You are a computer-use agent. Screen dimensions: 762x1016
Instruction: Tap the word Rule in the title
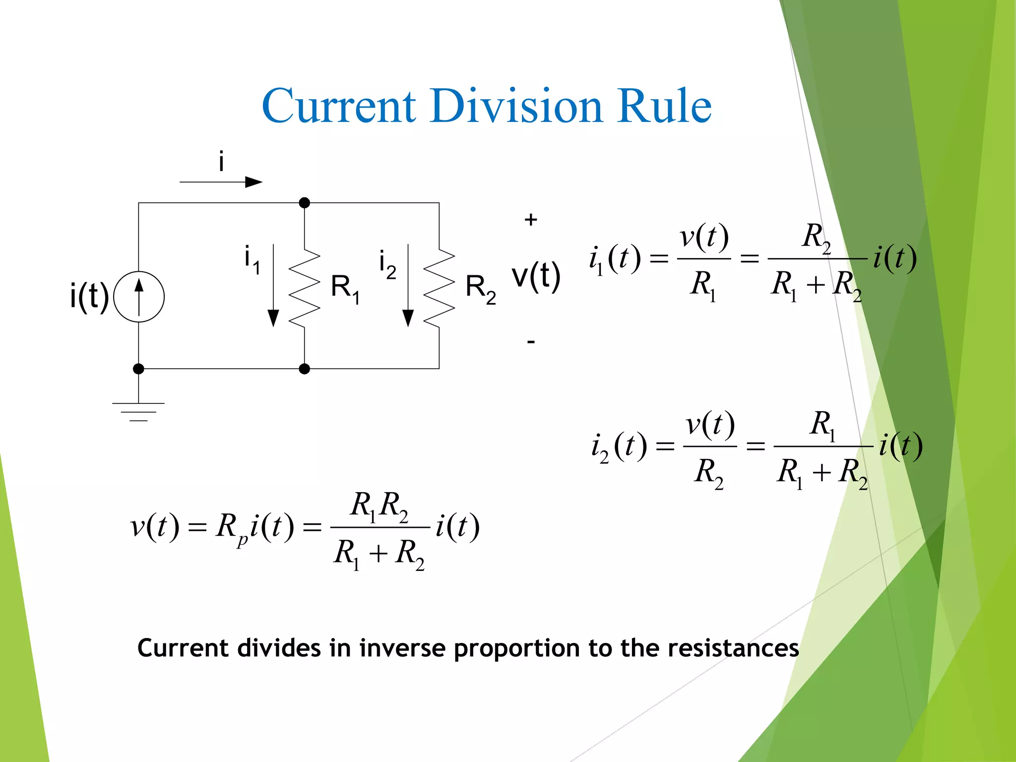pyautogui.click(x=664, y=105)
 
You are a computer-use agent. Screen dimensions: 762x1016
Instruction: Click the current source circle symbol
pyautogui.click(x=139, y=297)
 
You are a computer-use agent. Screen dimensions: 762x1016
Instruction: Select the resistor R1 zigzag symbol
pyautogui.click(x=304, y=288)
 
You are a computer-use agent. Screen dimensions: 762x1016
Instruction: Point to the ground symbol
pyautogui.click(x=138, y=411)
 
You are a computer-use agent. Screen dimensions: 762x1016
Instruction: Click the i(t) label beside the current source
pyautogui.click(x=89, y=296)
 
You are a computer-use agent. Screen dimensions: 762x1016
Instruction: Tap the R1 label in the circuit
pyautogui.click(x=345, y=289)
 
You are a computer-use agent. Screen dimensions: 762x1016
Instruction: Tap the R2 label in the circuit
pyautogui.click(x=480, y=289)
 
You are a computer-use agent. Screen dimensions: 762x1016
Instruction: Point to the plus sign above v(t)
pyautogui.click(x=531, y=220)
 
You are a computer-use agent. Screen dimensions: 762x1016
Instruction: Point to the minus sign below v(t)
pyautogui.click(x=531, y=342)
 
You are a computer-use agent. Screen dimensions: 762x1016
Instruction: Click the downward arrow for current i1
pyautogui.click(x=273, y=286)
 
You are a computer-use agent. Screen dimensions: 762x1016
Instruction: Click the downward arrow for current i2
pyautogui.click(x=408, y=286)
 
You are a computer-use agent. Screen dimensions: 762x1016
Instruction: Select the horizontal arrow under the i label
pyautogui.click(x=221, y=182)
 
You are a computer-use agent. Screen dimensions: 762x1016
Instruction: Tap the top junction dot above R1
pyautogui.click(x=305, y=203)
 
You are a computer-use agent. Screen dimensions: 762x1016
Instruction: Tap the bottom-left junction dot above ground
pyautogui.click(x=138, y=369)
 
